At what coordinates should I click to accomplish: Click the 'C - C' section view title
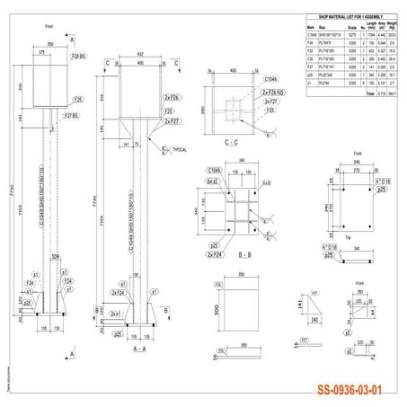[230, 142]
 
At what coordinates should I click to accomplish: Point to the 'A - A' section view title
[139, 346]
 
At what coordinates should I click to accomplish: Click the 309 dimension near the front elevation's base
[57, 258]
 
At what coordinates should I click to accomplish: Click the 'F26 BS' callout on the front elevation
[75, 56]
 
